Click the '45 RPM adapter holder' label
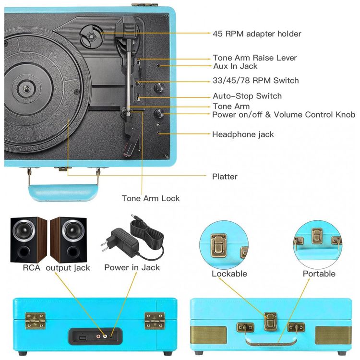pyautogui.click(x=257, y=34)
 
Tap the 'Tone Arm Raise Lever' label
pyautogui.click(x=254, y=58)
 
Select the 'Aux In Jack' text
pyautogui.click(x=235, y=66)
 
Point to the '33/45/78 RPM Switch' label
pyautogui.click(x=255, y=80)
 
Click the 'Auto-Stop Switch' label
pyautogui.click(x=247, y=96)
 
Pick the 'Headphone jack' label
pyautogui.click(x=243, y=134)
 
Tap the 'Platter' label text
pyautogui.click(x=225, y=176)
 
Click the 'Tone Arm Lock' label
pyautogui.click(x=150, y=198)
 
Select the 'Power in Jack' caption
pyautogui.click(x=132, y=267)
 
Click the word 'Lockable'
pyautogui.click(x=229, y=274)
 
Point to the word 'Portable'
pyautogui.click(x=319, y=274)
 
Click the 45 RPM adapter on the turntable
pyautogui.click(x=91, y=35)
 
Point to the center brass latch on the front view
pyautogui.click(x=270, y=321)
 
